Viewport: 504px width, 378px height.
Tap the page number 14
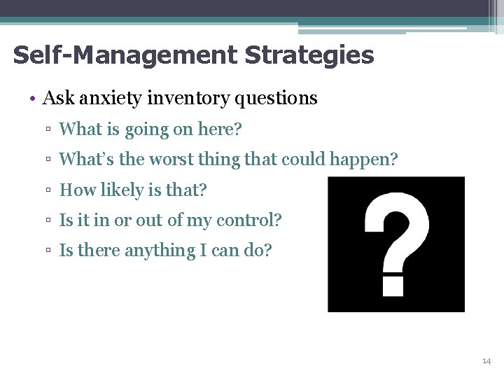click(x=486, y=360)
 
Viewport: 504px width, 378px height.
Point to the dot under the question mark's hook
click(x=393, y=286)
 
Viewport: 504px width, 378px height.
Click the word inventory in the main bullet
click(x=183, y=99)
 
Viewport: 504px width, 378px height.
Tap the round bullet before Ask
click(x=33, y=99)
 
